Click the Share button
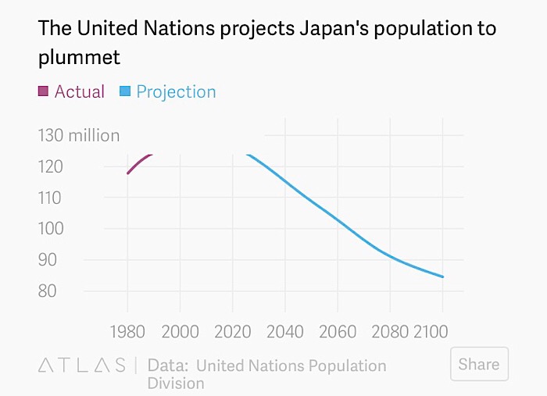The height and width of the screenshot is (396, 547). [x=479, y=364]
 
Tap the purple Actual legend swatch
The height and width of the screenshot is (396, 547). [x=44, y=91]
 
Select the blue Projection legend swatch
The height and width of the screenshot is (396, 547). [x=125, y=91]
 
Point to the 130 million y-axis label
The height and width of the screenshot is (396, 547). [x=79, y=135]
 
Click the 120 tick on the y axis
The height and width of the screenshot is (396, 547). [x=52, y=166]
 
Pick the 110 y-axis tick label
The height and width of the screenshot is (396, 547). [x=52, y=198]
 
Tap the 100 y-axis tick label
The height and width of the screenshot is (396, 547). [x=52, y=229]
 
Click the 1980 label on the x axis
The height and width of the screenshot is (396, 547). [x=127, y=330]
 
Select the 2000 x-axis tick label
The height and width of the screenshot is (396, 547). [x=180, y=330]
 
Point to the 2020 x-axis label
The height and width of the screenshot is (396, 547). [x=232, y=330]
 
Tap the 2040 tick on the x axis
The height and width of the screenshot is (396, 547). [x=285, y=330]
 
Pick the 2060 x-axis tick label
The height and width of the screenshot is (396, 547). [x=338, y=330]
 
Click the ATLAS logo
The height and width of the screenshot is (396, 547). [x=82, y=365]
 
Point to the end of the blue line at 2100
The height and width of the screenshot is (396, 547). [x=443, y=276]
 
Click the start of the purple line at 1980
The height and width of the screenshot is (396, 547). [x=127, y=173]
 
